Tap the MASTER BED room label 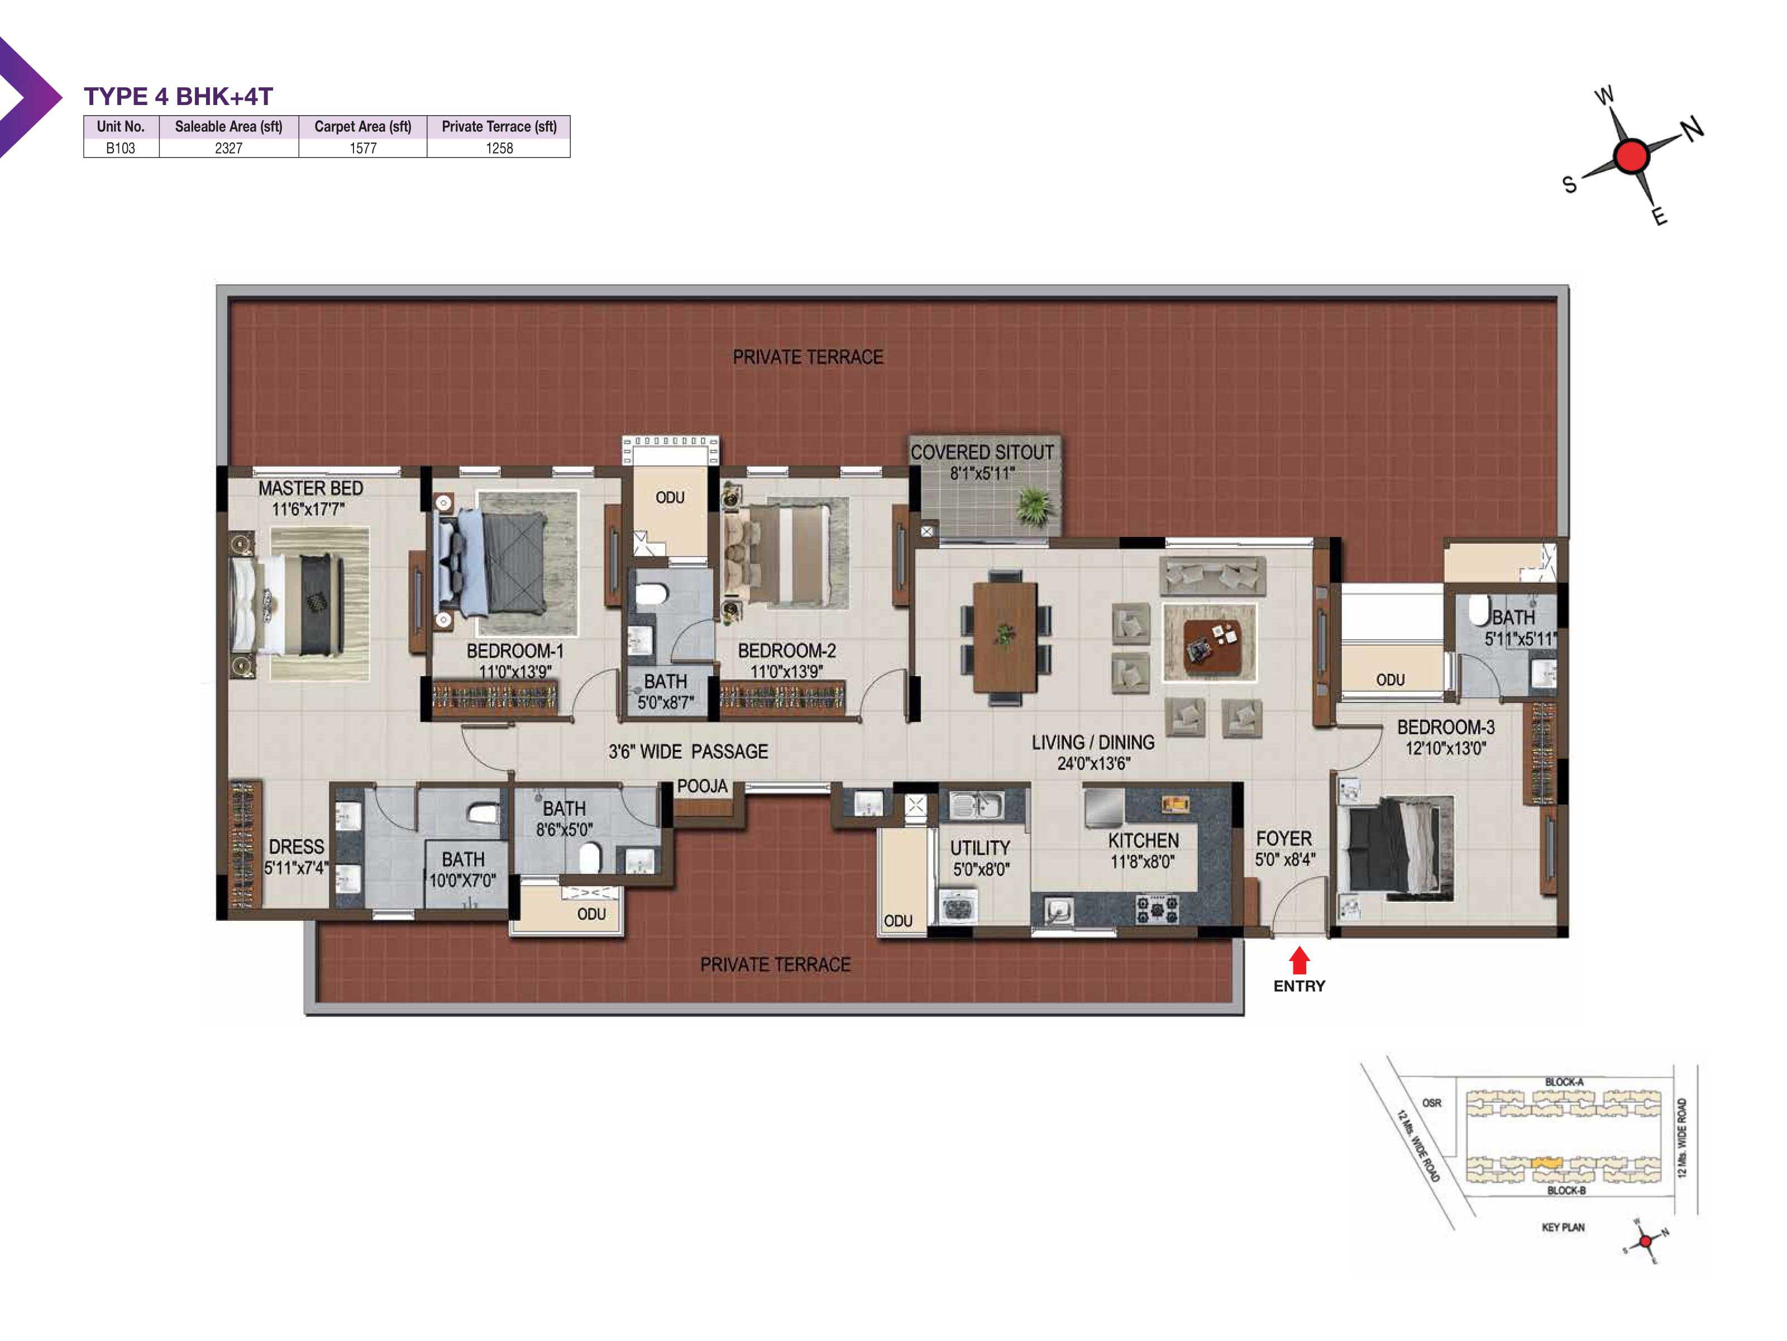(x=310, y=488)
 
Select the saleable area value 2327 (x=228, y=148)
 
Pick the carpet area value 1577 (x=363, y=148)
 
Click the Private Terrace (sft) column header (x=499, y=126)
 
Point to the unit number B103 (x=121, y=148)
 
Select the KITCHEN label (x=1143, y=841)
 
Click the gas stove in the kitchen (x=1158, y=909)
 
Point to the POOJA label (x=702, y=786)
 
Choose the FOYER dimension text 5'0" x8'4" (x=1284, y=860)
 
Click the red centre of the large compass (x=1631, y=155)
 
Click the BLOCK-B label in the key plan (x=1566, y=1191)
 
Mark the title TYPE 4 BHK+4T (x=179, y=96)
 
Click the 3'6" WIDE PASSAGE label (x=689, y=752)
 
